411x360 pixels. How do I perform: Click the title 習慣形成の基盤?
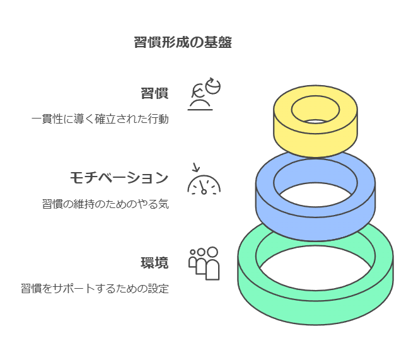[x=183, y=43]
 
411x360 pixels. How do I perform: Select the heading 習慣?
[x=154, y=93]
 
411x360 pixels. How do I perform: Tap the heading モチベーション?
[x=119, y=178]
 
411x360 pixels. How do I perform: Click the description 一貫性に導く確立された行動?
[x=100, y=119]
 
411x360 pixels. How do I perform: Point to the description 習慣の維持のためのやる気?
[x=105, y=204]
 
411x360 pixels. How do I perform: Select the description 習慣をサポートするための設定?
[x=95, y=289]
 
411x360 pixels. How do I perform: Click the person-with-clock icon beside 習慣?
[x=203, y=95]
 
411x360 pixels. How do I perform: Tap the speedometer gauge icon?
[x=204, y=183]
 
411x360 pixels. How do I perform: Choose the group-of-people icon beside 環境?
[x=204, y=263]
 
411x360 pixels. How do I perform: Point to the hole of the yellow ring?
[x=315, y=112]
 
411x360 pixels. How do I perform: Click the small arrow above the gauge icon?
[x=195, y=168]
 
